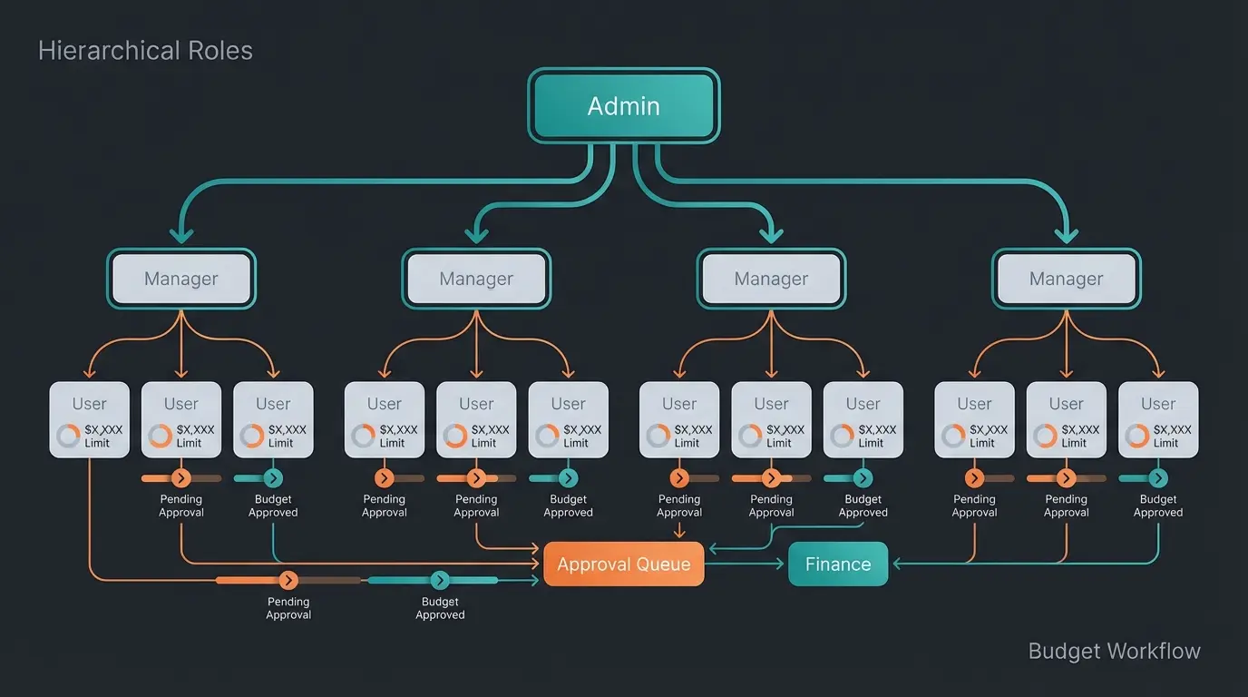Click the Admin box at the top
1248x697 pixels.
click(624, 106)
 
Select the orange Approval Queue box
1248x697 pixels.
click(624, 564)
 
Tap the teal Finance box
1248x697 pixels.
click(838, 564)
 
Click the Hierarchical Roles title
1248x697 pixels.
click(145, 51)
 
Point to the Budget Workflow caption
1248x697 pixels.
click(1114, 651)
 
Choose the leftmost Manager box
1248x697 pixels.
click(181, 279)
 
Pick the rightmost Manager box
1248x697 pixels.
click(1066, 279)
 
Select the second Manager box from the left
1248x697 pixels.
click(476, 279)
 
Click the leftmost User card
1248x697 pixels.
click(89, 419)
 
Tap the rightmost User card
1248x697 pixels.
click(1158, 419)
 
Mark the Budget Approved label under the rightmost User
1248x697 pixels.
click(1158, 506)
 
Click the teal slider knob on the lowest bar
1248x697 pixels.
click(440, 581)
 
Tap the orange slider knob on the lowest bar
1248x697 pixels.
click(288, 581)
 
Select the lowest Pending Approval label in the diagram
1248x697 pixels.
click(288, 608)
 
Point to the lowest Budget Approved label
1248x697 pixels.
click(440, 608)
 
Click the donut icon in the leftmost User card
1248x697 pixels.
click(68, 437)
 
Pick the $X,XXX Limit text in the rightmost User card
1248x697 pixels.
click(1166, 437)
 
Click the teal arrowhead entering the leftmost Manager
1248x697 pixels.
click(181, 236)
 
